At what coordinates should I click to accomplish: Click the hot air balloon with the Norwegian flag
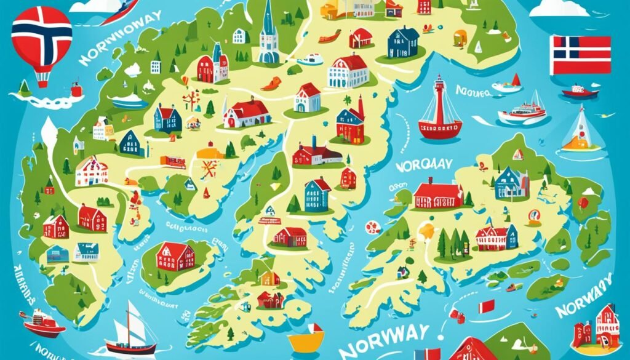(41, 40)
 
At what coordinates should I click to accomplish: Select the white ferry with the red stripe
(521, 111)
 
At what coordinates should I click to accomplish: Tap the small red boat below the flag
(580, 92)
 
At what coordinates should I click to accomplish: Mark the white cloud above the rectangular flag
(560, 8)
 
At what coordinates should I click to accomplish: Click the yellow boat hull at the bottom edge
(306, 341)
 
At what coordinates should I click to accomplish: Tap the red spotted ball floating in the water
(373, 228)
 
